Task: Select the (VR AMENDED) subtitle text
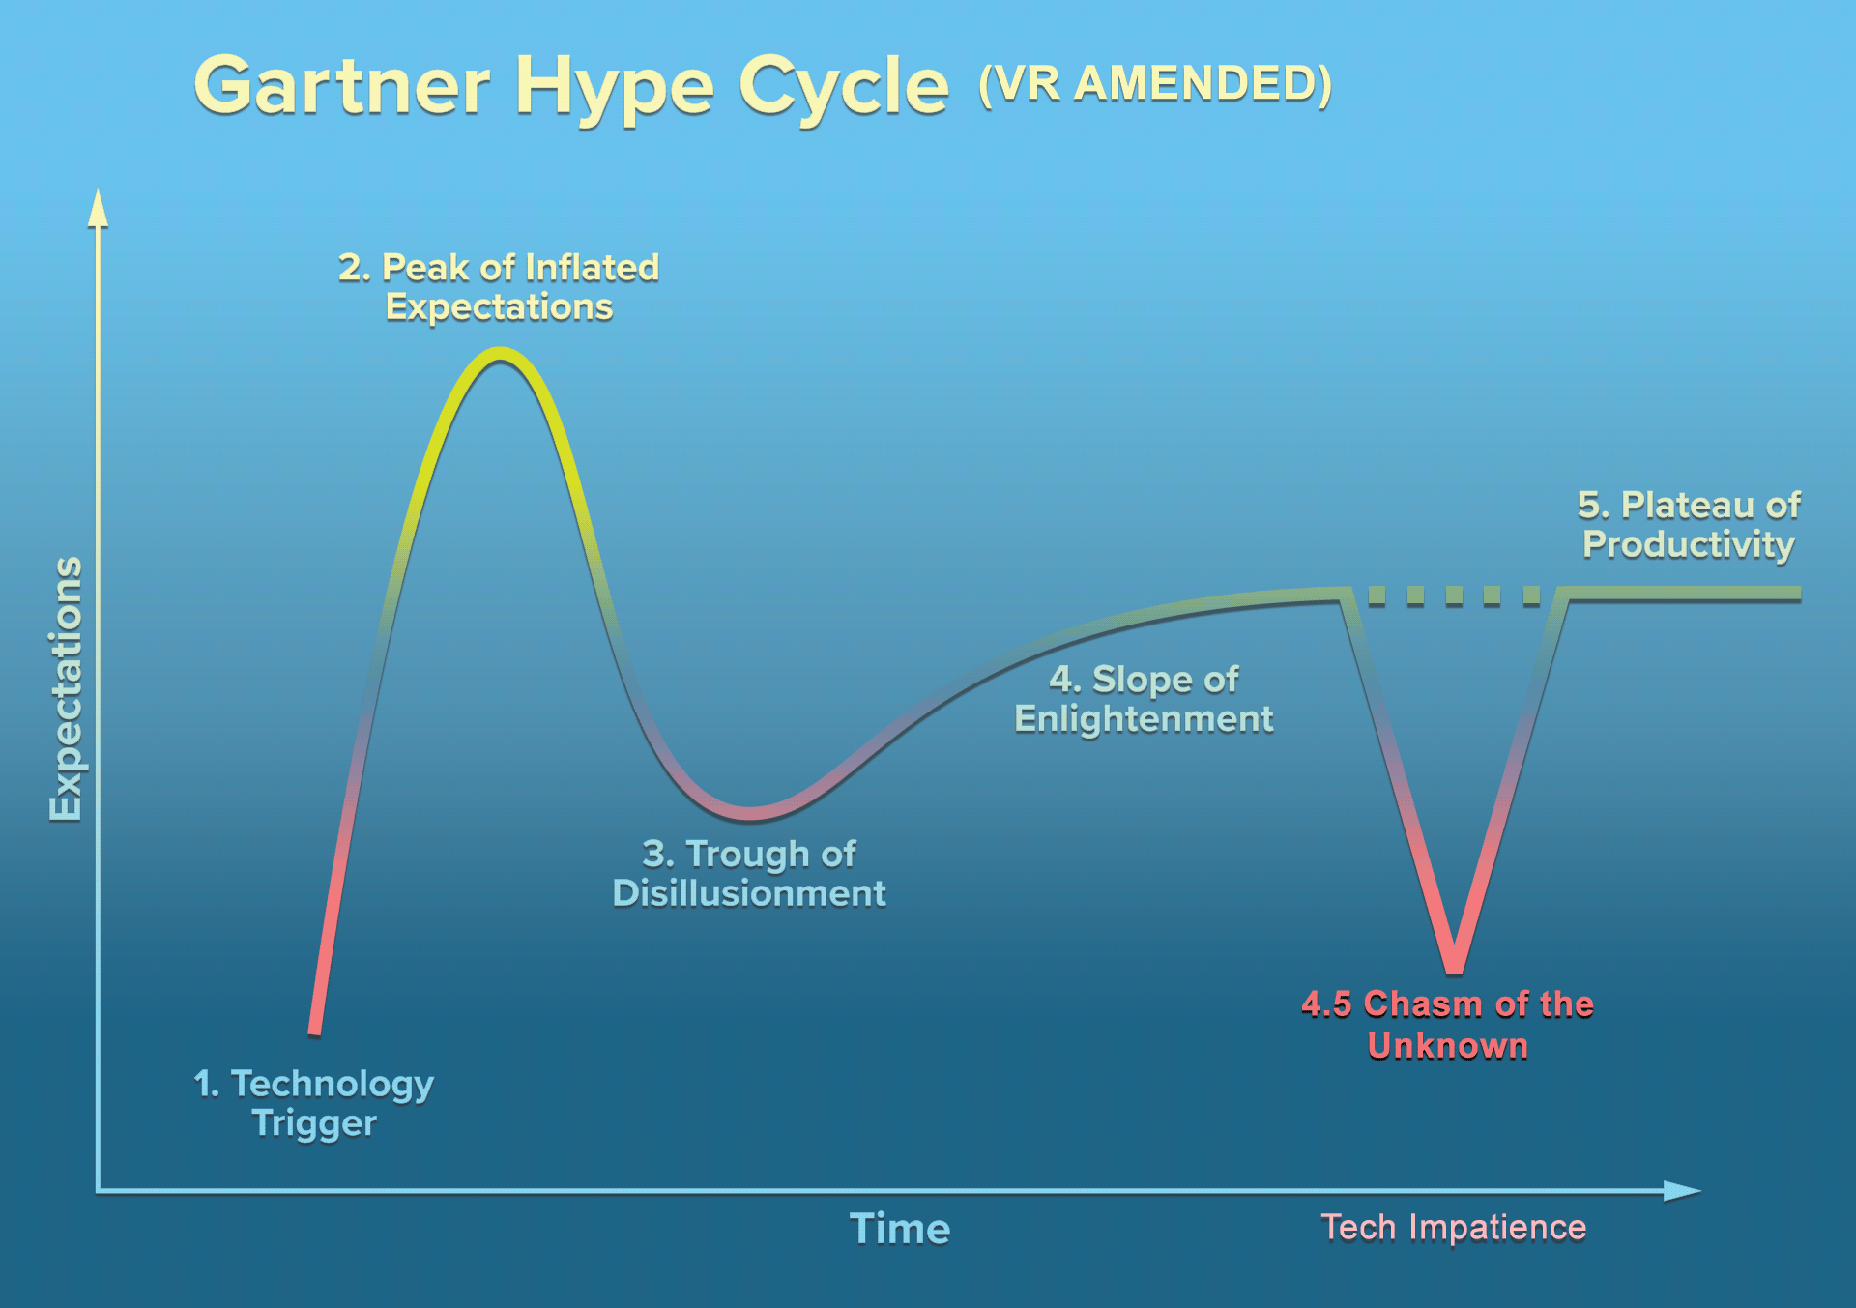click(x=1155, y=85)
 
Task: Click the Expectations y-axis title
click(x=66, y=689)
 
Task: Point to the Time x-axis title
click(x=900, y=1229)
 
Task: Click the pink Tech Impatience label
click(x=1454, y=1227)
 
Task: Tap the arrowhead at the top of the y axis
click(x=98, y=207)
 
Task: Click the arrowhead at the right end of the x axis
click(x=1682, y=1191)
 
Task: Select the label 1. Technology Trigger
click(x=314, y=1103)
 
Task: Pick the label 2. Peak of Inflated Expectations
click(x=499, y=287)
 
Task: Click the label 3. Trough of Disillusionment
click(x=749, y=874)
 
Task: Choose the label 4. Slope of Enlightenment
click(x=1144, y=699)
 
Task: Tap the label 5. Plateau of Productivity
click(x=1689, y=525)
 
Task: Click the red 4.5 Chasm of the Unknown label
click(x=1447, y=1025)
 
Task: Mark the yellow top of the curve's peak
click(x=499, y=355)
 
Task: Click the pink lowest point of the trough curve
click(x=750, y=813)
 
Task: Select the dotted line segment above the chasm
click(x=1454, y=595)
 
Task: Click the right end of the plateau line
click(x=1798, y=594)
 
